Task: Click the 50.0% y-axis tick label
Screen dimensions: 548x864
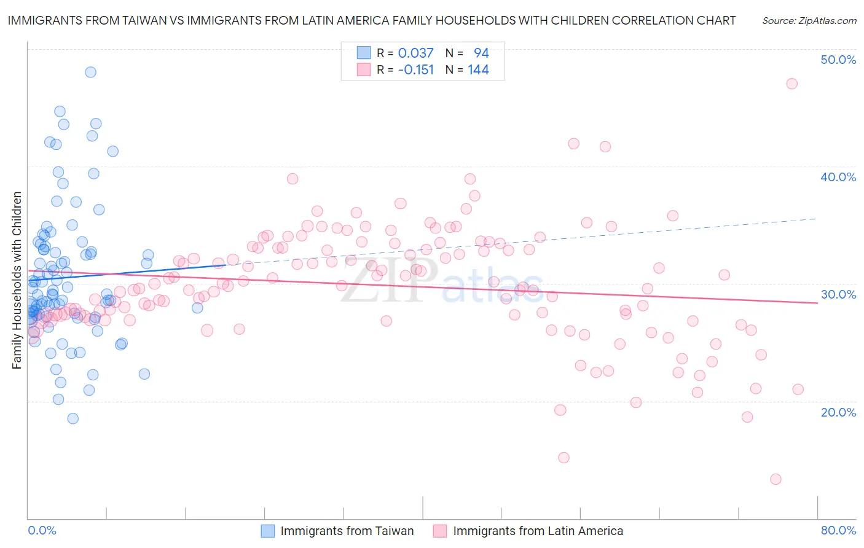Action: click(x=838, y=60)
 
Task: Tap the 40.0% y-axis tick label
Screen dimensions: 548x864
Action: click(x=838, y=177)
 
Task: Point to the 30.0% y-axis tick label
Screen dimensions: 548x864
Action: click(x=838, y=294)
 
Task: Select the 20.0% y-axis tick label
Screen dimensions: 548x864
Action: click(x=838, y=412)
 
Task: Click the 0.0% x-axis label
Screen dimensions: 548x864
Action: click(x=42, y=531)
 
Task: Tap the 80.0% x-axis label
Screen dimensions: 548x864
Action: click(x=838, y=531)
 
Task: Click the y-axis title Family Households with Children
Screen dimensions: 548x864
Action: click(x=17, y=280)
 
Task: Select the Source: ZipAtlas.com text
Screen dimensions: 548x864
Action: click(x=809, y=20)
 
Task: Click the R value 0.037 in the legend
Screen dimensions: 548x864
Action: click(x=415, y=53)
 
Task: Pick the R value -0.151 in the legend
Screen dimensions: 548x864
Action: click(x=415, y=70)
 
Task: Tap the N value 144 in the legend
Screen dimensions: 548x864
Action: click(x=478, y=70)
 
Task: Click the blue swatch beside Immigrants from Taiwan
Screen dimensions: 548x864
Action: click(x=268, y=531)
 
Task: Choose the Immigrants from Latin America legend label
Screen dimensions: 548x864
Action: click(x=538, y=531)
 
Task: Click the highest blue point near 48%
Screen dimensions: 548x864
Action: click(x=90, y=72)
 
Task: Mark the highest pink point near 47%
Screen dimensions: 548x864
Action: click(x=791, y=84)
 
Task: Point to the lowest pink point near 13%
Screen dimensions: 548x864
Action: click(x=776, y=479)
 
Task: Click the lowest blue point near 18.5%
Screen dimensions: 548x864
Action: click(x=73, y=418)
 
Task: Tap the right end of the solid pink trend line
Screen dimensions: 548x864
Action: click(x=817, y=303)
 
